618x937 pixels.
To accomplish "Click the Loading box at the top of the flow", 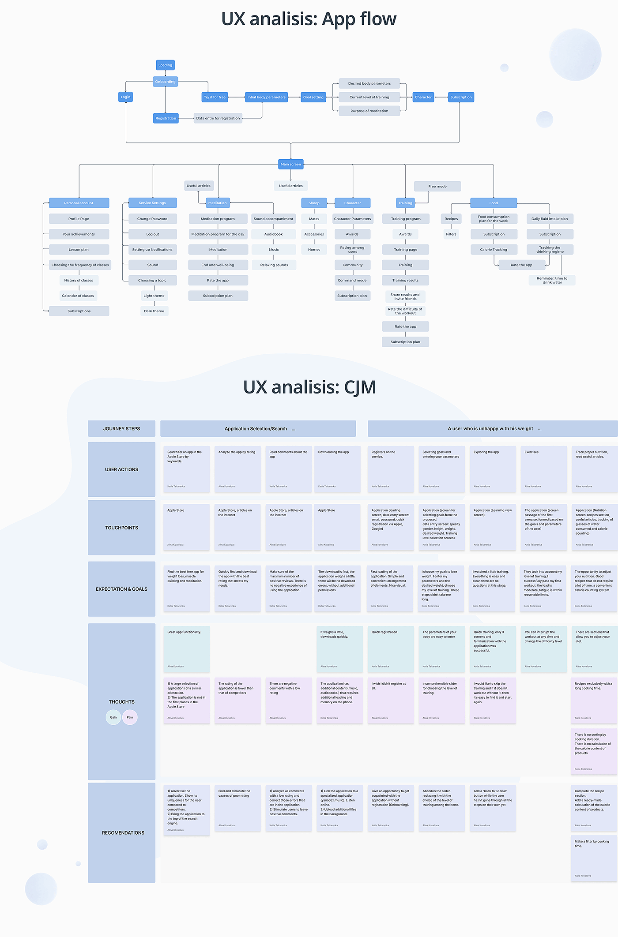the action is pos(166,65).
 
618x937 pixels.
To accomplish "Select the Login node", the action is pos(126,97).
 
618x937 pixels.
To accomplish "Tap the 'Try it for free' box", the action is pos(215,97).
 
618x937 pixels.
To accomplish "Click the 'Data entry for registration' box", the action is pos(218,118).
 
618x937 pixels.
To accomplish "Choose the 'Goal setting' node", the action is pos(313,97).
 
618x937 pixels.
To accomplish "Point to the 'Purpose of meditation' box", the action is pos(369,111).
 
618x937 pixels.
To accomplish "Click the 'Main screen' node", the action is pos(291,164).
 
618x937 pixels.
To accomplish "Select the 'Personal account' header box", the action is pos(79,203).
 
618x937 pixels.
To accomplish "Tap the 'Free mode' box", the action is pos(437,186).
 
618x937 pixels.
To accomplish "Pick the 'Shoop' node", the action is pos(314,203).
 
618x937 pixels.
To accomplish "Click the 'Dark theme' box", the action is pos(154,311).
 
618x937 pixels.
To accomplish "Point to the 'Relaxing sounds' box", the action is pos(274,265).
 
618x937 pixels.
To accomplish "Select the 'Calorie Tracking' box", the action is pos(494,250).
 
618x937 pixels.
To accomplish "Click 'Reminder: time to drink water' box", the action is pos(552,281).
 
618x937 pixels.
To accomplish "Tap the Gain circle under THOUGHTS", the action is pos(113,717).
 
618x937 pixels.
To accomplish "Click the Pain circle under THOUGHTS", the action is pos(130,717).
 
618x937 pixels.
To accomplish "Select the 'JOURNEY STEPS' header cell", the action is pos(122,428).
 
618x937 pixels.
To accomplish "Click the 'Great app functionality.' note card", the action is pos(187,648).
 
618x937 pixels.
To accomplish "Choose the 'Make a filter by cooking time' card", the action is pos(594,858).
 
